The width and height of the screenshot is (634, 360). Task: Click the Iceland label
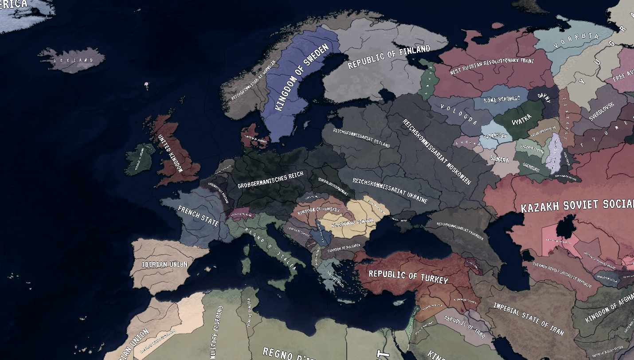coord(74,60)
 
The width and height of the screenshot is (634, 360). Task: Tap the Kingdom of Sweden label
coord(302,77)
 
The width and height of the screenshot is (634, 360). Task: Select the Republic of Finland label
coord(389,57)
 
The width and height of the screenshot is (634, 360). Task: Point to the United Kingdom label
coord(171,153)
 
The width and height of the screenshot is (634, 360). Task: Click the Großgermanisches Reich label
coord(270,180)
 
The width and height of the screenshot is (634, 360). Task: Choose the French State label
coord(198,216)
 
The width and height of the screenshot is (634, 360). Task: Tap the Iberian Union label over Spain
coord(164,264)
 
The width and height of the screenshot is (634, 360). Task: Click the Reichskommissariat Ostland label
coord(361,138)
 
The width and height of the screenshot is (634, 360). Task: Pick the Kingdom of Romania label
coord(353,222)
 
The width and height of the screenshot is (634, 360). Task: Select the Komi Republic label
coord(502,99)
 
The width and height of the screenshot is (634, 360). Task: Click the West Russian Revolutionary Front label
coord(492,66)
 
